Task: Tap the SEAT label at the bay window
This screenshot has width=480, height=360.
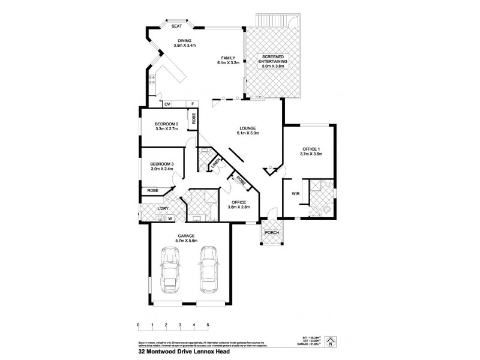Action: point(176,26)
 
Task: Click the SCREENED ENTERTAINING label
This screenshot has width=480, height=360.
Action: point(273,61)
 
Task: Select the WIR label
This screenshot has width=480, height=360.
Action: point(295,194)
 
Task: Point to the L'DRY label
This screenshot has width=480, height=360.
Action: point(161,208)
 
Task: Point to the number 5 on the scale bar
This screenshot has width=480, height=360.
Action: point(208,325)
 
